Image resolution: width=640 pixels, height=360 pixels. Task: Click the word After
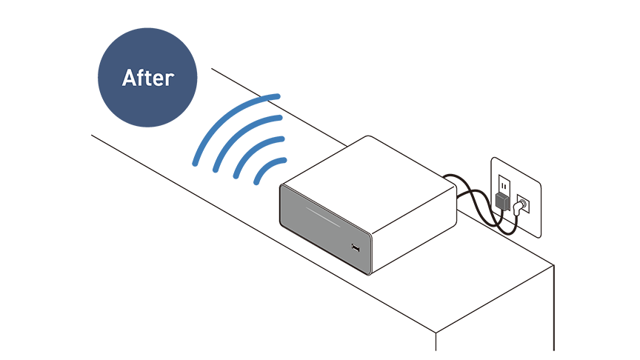pos(147,78)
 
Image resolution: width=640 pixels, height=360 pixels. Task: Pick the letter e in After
pos(159,80)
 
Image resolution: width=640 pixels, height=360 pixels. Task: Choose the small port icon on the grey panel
pos(356,247)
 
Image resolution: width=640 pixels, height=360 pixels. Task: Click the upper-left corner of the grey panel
pos(283,188)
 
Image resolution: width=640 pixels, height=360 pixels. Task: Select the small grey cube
pos(503,201)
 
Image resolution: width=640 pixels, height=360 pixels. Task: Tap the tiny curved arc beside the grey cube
pos(524,204)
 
